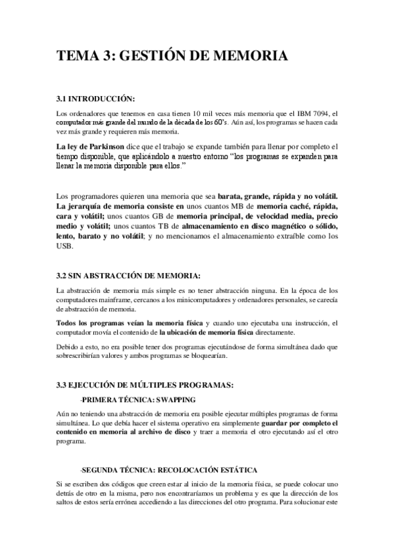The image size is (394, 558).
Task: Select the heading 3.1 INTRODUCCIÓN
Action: tap(95, 99)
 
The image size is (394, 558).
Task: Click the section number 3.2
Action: tap(63, 274)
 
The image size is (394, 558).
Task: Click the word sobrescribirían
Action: tap(86, 356)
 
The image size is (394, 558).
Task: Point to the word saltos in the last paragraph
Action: tap(69, 503)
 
